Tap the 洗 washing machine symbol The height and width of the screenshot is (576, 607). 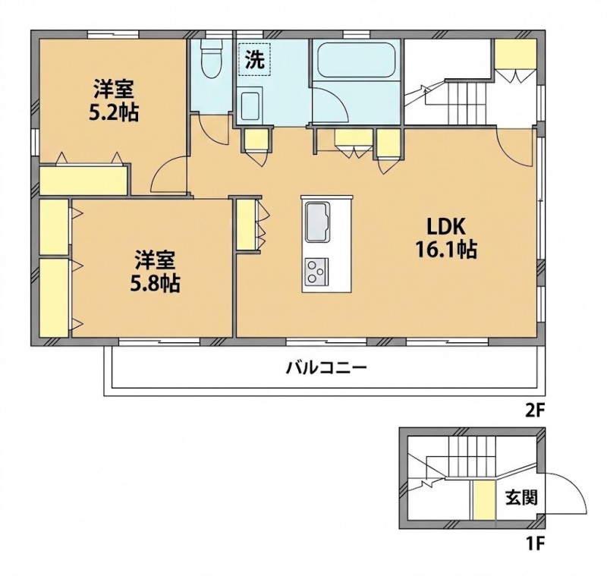(x=254, y=59)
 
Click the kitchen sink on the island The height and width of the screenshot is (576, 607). (x=317, y=222)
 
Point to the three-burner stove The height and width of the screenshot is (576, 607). (x=316, y=271)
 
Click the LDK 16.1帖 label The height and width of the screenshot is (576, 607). (x=445, y=238)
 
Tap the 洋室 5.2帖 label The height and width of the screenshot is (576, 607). (x=113, y=100)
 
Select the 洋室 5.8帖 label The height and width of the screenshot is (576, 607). (x=155, y=271)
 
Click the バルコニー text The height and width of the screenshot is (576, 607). (x=326, y=368)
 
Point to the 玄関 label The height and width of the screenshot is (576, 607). (x=521, y=498)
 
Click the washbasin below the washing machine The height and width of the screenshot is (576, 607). (x=251, y=106)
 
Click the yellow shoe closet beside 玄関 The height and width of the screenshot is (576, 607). (x=484, y=500)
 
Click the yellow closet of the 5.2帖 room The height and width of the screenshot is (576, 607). (x=83, y=180)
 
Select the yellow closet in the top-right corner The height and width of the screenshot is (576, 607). (x=516, y=53)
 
